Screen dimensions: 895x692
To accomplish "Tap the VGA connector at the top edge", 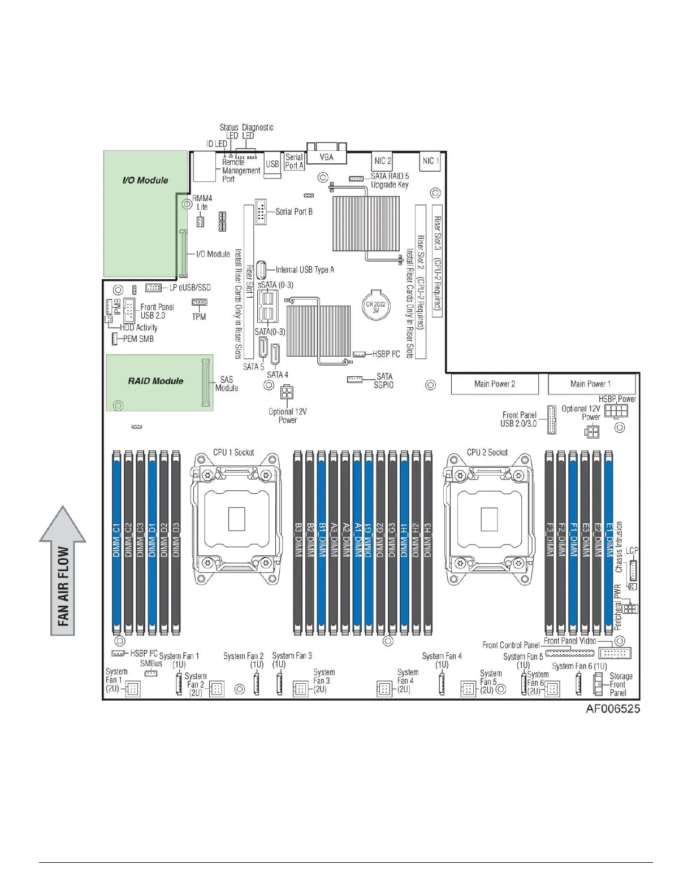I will point(326,156).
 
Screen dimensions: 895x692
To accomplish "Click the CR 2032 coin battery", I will point(375,306).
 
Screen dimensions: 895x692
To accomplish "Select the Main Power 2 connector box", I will point(495,384).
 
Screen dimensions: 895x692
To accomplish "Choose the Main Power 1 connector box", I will point(591,384).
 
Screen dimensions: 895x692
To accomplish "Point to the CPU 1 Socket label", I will point(233,452).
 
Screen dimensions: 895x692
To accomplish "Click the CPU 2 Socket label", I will point(487,452).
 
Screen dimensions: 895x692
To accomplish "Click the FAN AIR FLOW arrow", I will point(63,571).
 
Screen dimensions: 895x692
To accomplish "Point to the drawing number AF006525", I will point(613,709).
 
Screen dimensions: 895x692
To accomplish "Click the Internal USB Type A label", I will point(305,270).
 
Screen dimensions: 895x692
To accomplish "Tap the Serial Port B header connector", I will point(261,211).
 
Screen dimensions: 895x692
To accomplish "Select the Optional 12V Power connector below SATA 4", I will point(287,392).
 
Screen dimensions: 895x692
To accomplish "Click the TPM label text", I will point(199,317).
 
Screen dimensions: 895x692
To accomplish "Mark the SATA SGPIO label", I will point(384,380).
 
